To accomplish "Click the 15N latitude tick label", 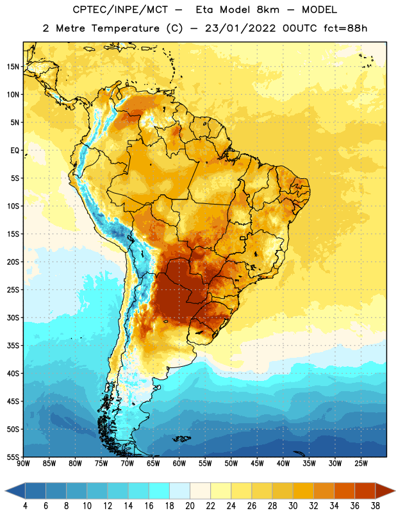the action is coord(13,67).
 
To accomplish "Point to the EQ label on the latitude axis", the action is coord(15,151).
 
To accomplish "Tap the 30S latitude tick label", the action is coord(13,317).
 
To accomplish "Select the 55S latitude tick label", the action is coord(13,457).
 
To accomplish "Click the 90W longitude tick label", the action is coord(23,464).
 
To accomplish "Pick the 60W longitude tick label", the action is coord(179,464).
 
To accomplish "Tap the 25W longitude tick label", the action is coord(361,464).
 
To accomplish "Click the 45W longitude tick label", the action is coord(257,464).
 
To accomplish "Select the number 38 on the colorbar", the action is coord(375,506).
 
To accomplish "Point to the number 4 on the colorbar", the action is coord(25,506).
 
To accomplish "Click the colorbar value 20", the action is coord(190,506).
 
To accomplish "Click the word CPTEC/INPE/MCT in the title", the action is coord(120,10).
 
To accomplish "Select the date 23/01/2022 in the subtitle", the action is coord(240,28).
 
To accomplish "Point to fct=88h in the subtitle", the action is coord(345,28).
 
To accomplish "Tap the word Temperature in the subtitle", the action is coord(125,29).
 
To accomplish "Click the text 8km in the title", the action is coord(268,10).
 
